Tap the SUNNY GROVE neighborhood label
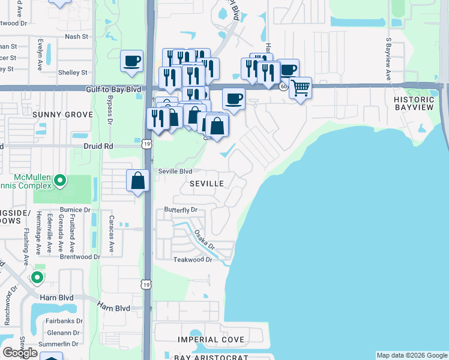click(63, 115)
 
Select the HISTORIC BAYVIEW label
click(414, 103)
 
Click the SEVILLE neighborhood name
click(207, 184)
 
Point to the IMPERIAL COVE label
click(211, 340)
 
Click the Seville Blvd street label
click(175, 171)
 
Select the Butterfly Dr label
click(181, 211)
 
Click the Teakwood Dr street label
click(193, 260)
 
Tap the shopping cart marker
click(300, 88)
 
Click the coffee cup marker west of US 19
click(132, 61)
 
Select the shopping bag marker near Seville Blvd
click(138, 180)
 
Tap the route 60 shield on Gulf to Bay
click(283, 86)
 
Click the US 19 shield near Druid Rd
click(146, 144)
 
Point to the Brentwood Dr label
click(80, 257)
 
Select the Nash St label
click(76, 37)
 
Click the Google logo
click(20, 353)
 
